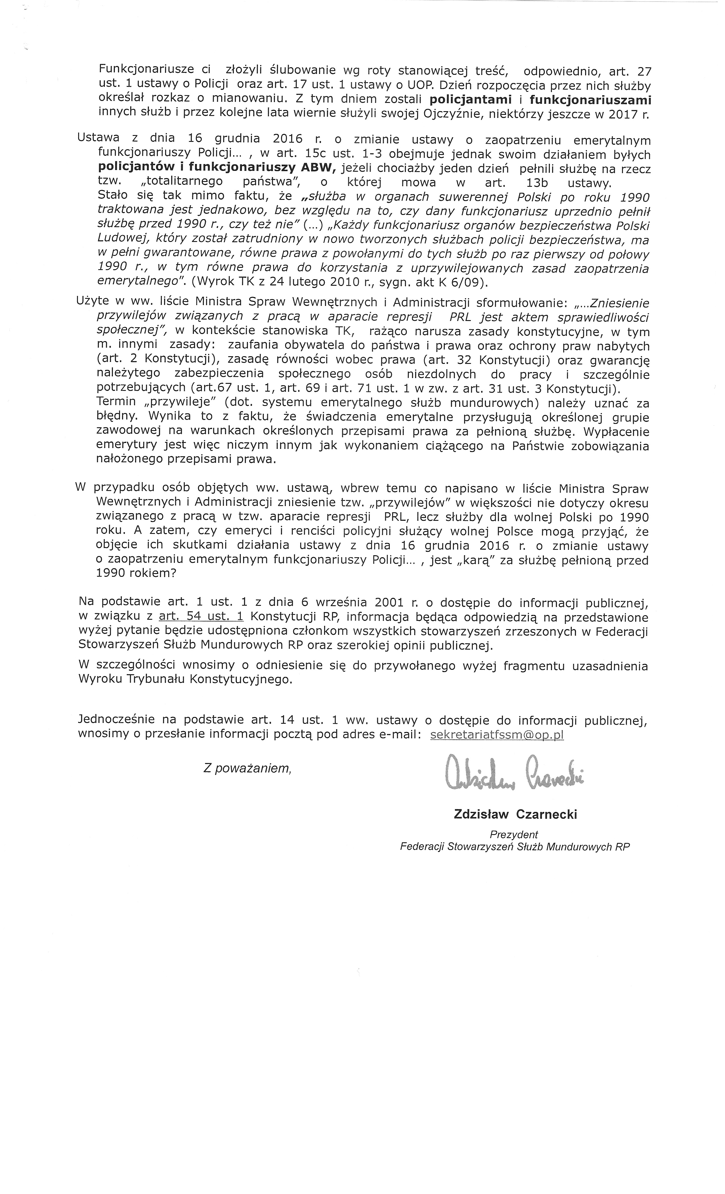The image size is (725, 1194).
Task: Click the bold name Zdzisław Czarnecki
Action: click(515, 814)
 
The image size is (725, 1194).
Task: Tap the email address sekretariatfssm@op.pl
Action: click(497, 735)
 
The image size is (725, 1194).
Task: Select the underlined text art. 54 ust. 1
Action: click(201, 617)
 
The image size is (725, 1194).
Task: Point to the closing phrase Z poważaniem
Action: click(247, 768)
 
